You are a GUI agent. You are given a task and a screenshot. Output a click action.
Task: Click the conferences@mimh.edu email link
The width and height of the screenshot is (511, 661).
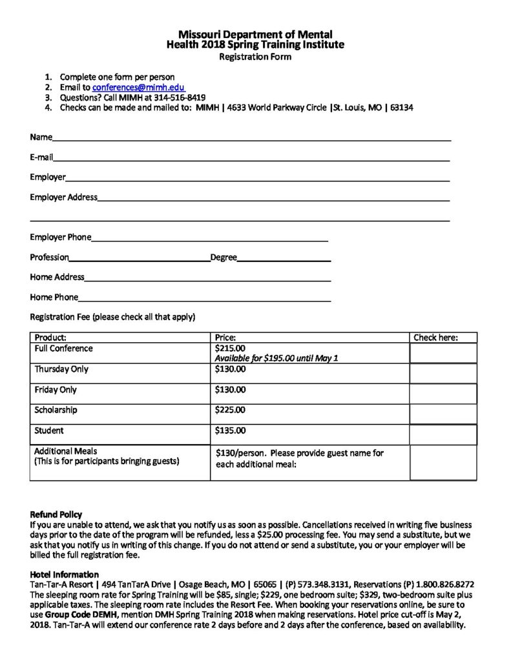pos(139,87)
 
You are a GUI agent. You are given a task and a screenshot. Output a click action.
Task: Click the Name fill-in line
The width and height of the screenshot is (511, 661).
pos(252,138)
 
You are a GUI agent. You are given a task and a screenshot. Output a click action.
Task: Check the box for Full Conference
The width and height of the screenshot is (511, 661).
pos(443,353)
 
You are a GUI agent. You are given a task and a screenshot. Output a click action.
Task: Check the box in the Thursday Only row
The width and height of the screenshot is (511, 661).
pos(443,373)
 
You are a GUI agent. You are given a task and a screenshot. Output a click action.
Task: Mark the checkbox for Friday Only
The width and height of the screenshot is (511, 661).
pos(443,393)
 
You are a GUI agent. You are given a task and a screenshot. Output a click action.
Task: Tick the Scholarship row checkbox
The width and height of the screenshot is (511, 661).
pos(443,414)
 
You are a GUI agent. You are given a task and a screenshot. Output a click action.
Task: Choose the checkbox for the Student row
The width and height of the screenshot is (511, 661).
pos(443,434)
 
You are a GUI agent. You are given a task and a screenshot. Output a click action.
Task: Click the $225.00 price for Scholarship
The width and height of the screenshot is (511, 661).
pos(230,410)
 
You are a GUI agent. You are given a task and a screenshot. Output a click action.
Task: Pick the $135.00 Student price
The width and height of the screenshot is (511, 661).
pos(230,431)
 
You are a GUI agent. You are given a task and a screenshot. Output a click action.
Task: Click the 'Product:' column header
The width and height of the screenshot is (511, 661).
pos(51,338)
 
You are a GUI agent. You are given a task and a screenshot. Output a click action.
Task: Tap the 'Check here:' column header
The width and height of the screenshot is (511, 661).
pos(435,338)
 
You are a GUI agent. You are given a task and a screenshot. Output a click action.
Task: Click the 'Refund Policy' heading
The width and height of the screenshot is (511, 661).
pos(56,514)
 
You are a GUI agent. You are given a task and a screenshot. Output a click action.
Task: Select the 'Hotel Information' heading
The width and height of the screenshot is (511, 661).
pos(65,575)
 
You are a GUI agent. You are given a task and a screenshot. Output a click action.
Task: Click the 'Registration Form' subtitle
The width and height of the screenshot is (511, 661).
pos(255,57)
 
